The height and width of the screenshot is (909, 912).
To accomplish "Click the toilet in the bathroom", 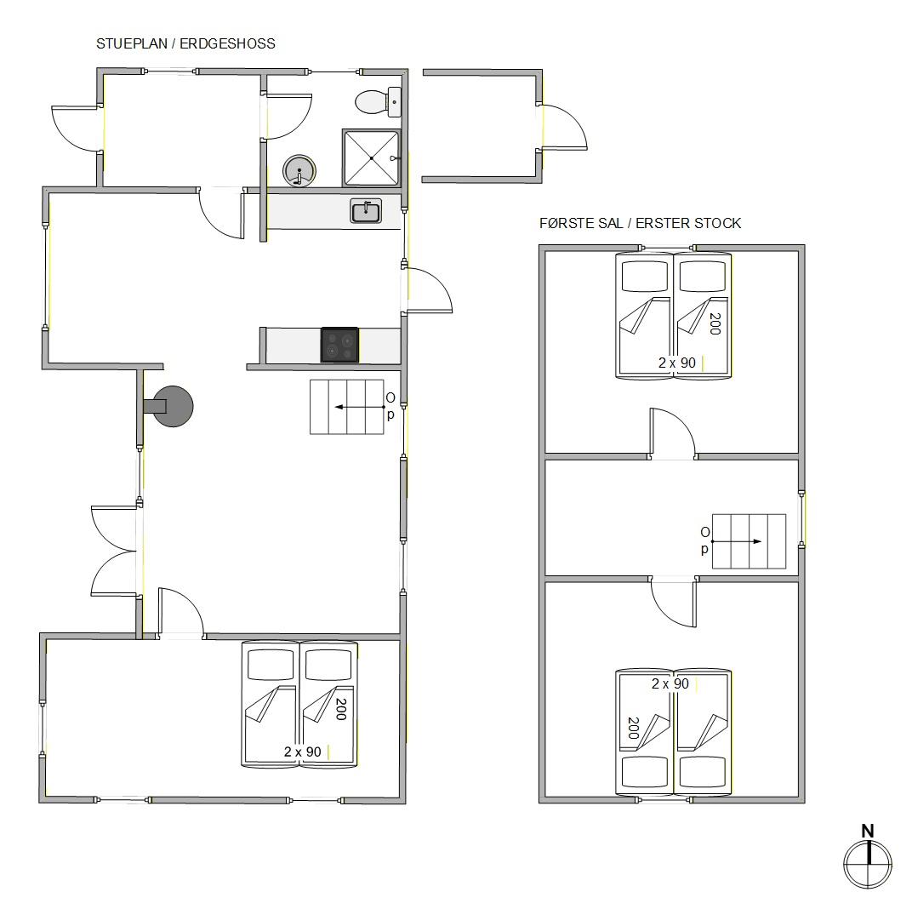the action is point(378,102).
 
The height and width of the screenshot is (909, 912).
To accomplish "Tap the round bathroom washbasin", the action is point(299,171).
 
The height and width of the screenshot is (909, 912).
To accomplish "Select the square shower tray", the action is point(371,157).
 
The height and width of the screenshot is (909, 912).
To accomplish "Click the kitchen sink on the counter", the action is point(366,211).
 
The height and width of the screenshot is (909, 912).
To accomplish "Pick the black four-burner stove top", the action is point(339,345).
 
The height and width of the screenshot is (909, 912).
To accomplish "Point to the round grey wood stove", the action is point(172,406).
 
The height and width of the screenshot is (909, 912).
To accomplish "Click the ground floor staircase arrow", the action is point(358,407).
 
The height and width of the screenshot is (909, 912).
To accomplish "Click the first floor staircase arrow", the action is point(737,541).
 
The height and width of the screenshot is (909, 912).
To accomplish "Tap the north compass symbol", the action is point(868,864).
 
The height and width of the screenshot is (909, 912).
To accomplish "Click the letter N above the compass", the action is point(867,831).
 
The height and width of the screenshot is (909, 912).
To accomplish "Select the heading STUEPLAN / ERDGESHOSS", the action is point(185,43).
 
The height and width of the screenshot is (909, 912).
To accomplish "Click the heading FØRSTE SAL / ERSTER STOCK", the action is point(641,223).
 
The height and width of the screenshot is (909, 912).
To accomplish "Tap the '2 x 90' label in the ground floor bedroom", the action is point(303,752).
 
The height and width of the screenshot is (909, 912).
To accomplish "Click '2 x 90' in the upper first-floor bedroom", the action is point(677,363).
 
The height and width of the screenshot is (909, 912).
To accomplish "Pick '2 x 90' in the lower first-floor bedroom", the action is point(670,683).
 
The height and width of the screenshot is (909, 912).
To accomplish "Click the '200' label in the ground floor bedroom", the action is point(341,709).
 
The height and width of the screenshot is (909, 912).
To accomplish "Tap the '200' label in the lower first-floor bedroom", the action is point(634,728).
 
